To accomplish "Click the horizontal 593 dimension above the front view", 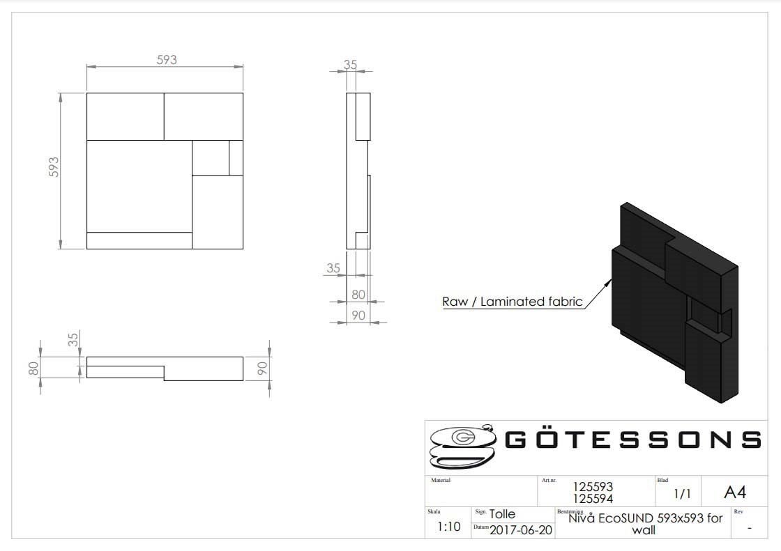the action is coord(167,60).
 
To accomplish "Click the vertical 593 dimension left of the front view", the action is coord(54,167).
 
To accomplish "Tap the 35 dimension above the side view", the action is coord(350,65).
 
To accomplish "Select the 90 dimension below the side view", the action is coord(358,315).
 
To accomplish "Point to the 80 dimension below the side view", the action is coord(358,295).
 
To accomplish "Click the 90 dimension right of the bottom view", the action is coord(262,368).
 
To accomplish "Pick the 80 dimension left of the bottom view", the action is coord(33,368).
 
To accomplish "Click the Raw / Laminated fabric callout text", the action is coord(512,302).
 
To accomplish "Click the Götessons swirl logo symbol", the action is coord(463,446).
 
